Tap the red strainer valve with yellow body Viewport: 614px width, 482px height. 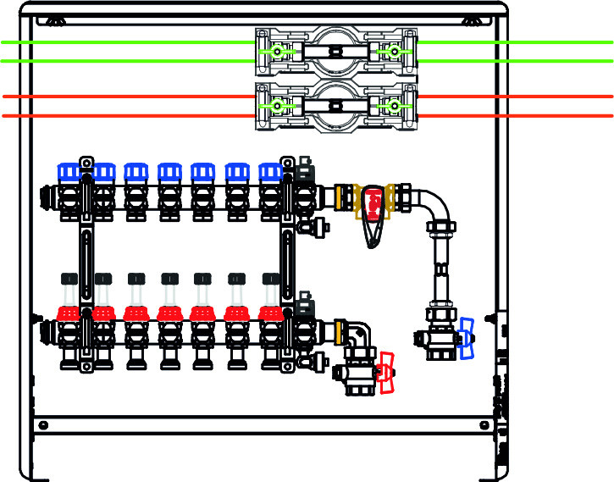pyautogui.click(x=372, y=203)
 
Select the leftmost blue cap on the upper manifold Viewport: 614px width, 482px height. pyautogui.click(x=68, y=172)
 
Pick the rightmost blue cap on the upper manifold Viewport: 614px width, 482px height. pyautogui.click(x=270, y=172)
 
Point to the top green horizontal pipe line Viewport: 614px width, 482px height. pyautogui.click(x=127, y=42)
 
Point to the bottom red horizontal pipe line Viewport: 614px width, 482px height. pyautogui.click(x=127, y=115)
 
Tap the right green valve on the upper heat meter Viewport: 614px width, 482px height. pyautogui.click(x=393, y=52)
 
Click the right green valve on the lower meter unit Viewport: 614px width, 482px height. pyautogui.click(x=393, y=106)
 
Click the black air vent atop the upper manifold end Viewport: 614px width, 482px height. pyautogui.click(x=304, y=169)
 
